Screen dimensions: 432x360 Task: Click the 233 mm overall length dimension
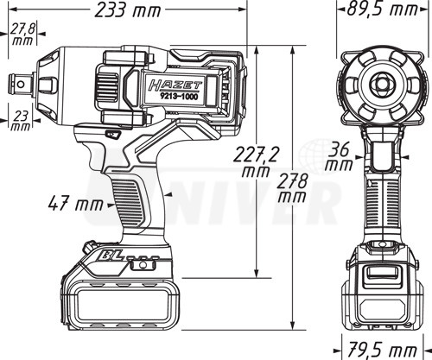[x=128, y=10]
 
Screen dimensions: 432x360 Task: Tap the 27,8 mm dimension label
[x=22, y=35]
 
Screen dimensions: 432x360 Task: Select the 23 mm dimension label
[x=21, y=121]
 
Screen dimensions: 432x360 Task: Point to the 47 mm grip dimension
[x=76, y=204]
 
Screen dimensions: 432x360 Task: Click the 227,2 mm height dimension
[x=256, y=161]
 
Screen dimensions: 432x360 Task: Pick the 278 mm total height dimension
[x=292, y=188]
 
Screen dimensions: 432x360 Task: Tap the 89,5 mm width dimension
[x=382, y=9]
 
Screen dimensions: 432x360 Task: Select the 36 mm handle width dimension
[x=340, y=157]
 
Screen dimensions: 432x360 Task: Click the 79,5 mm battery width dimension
[x=382, y=351]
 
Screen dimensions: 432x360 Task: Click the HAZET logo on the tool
[x=175, y=85]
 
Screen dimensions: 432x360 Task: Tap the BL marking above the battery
[x=113, y=256]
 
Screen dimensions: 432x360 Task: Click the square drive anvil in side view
[x=21, y=85]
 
